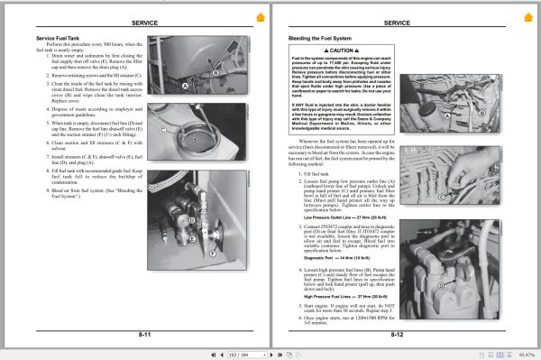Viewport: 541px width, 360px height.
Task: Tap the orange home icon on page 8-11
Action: tap(261, 17)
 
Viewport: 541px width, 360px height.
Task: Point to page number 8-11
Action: tap(144, 334)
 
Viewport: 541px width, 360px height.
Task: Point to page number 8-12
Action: tap(398, 334)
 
